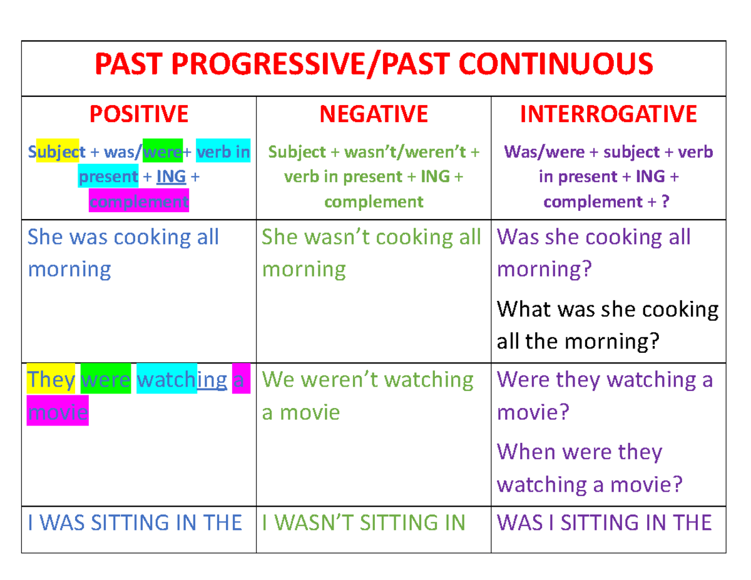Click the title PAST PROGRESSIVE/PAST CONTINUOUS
373,64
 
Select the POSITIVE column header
138,114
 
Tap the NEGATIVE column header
374,114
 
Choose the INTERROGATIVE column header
608,114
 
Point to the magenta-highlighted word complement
138,201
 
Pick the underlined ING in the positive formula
171,176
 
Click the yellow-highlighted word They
51,380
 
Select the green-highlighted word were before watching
106,380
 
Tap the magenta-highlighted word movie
58,412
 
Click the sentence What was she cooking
607,309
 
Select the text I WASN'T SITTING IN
363,522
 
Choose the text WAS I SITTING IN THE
604,522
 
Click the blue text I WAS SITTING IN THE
135,522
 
